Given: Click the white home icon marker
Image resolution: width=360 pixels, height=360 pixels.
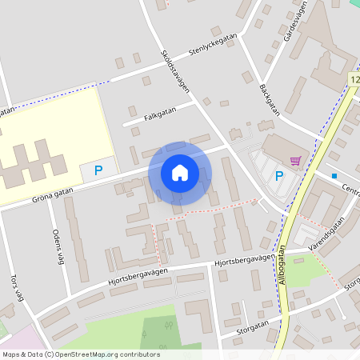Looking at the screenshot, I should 180,172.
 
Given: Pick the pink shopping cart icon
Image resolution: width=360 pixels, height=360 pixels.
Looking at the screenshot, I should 296,160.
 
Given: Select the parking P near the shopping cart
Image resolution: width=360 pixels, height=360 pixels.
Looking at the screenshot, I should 279,176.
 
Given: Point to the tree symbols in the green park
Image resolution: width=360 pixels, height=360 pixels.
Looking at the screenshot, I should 168,325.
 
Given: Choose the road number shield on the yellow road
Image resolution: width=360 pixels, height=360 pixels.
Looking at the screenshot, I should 354,80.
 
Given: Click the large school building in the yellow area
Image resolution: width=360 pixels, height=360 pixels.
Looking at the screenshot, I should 32,160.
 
